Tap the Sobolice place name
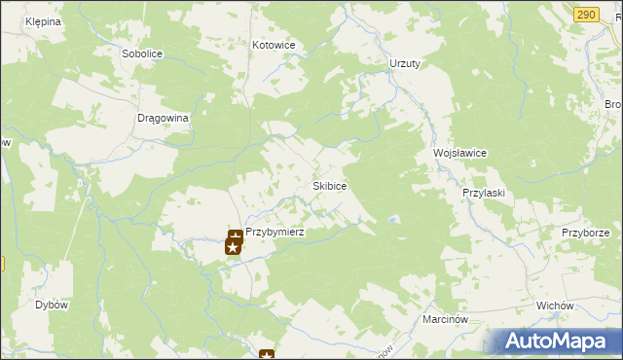[x=140, y=54]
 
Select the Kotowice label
[x=274, y=45]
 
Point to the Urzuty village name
[x=404, y=63]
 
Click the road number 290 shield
[x=585, y=14]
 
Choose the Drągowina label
[x=162, y=117]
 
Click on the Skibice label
[x=330, y=185]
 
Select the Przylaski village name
[x=483, y=193]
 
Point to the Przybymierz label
[x=275, y=233]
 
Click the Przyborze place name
[x=585, y=233]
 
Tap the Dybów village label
[x=52, y=305]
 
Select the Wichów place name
[x=555, y=306]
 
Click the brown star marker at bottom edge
[x=267, y=355]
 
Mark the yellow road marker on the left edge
[x=2, y=264]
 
